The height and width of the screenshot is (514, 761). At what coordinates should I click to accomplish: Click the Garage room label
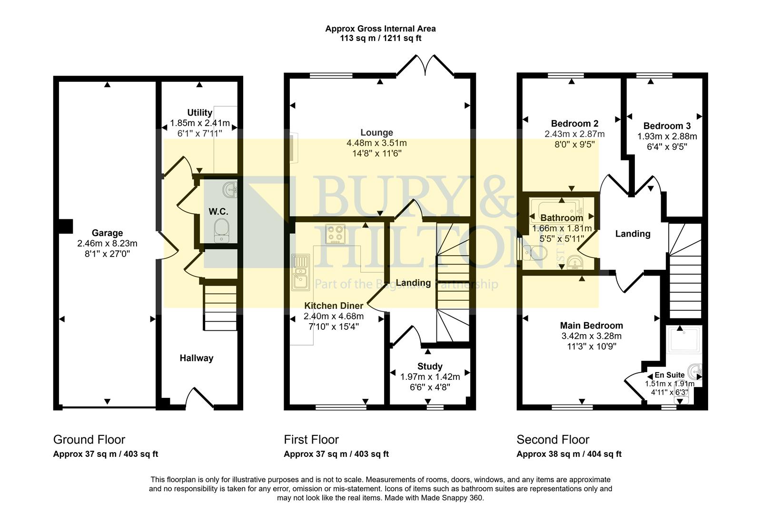point(107,233)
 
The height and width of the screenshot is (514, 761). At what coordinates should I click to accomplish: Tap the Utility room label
point(199,112)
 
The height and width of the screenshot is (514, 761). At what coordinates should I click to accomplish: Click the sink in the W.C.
point(230,190)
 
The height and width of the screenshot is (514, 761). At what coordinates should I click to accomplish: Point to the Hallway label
point(196,358)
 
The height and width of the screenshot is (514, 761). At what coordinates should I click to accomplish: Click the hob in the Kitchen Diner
point(335,234)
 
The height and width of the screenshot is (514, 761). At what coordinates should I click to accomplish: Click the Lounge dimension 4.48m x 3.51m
point(376,143)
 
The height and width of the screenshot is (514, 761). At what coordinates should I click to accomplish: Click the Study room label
point(430,366)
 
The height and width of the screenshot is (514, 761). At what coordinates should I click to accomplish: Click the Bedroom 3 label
point(667,126)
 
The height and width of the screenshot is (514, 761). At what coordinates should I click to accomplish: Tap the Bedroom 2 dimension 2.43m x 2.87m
point(574,134)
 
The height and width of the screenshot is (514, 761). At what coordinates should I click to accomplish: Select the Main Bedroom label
point(591,326)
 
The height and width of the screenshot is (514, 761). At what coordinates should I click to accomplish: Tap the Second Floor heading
point(553,439)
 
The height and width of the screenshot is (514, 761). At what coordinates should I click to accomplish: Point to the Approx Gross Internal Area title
point(380,29)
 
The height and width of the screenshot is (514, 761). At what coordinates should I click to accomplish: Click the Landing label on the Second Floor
point(633,234)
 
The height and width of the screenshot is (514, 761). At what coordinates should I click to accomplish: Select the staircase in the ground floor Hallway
point(220,307)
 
